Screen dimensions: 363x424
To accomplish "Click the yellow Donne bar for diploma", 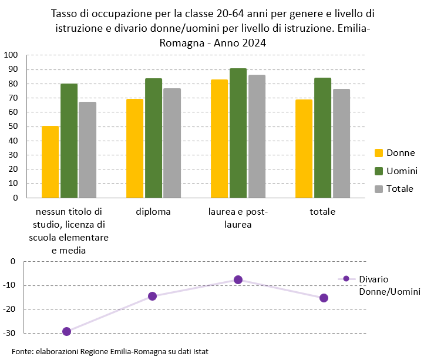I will click(x=135, y=148).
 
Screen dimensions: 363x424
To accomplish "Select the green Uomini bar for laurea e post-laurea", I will click(x=238, y=133).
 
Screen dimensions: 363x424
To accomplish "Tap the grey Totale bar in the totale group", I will click(x=341, y=144).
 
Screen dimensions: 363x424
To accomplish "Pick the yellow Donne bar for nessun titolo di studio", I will click(x=51, y=162).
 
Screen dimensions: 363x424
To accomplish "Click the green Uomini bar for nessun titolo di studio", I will click(x=69, y=141).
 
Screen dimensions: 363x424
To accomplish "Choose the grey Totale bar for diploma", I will click(x=172, y=143).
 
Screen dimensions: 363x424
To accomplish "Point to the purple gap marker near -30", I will click(x=66, y=331).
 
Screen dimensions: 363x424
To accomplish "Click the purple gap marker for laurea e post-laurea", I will click(x=238, y=279).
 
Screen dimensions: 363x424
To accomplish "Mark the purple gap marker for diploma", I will click(x=152, y=296).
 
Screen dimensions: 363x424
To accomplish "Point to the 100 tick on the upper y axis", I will click(x=11, y=55).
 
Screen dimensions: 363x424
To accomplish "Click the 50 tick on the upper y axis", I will click(x=13, y=126).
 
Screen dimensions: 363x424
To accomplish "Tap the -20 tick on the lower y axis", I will click(x=10, y=309).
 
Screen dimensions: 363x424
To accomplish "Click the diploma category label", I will click(x=153, y=212).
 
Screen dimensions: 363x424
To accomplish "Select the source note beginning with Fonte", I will click(x=110, y=352).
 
